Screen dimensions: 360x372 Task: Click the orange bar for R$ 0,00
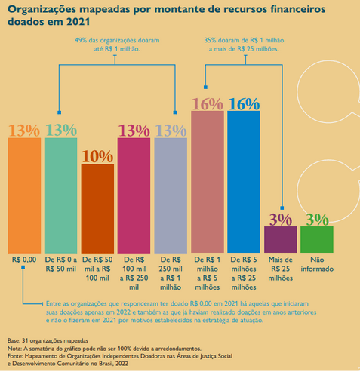(x=24, y=195)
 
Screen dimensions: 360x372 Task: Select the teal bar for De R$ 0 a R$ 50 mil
(x=61, y=195)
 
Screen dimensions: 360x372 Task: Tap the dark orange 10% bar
(x=97, y=209)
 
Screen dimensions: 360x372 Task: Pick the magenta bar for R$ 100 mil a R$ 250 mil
(x=134, y=195)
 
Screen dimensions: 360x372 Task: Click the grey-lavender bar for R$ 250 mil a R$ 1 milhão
(x=171, y=195)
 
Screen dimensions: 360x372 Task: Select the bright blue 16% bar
(x=244, y=182)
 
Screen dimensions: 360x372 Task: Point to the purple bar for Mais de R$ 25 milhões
(x=281, y=239)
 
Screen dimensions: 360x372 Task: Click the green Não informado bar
(x=317, y=239)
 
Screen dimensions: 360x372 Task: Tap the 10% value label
(x=97, y=156)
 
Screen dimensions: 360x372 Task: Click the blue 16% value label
(x=244, y=104)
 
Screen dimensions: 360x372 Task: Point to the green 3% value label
(x=317, y=220)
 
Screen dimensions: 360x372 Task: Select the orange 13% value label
(x=24, y=131)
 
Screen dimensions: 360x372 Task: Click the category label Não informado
(x=317, y=264)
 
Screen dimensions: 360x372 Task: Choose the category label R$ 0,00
(x=24, y=260)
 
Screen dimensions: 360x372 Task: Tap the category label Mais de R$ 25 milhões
(x=281, y=269)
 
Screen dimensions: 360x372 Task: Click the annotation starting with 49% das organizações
(x=117, y=45)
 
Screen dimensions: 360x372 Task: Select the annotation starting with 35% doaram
(x=244, y=45)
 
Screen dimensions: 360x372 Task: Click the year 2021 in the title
(x=78, y=22)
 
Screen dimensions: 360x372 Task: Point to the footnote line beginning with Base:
(x=48, y=340)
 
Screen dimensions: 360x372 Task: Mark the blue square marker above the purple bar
(x=282, y=208)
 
